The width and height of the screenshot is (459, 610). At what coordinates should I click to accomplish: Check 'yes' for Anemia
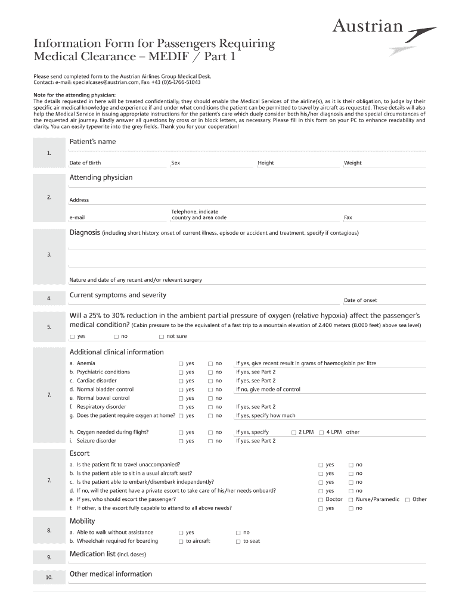click(x=181, y=363)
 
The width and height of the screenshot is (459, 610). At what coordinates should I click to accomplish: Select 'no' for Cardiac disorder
click(x=210, y=381)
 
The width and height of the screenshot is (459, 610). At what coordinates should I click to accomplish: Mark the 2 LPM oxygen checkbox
click(x=293, y=432)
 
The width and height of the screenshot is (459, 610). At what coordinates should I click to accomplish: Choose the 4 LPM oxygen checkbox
click(x=321, y=432)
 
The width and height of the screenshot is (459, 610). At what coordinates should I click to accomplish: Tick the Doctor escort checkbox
click(x=321, y=500)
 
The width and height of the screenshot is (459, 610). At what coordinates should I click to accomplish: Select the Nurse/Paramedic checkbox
click(x=351, y=500)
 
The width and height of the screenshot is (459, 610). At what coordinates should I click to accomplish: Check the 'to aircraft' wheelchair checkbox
click(x=181, y=541)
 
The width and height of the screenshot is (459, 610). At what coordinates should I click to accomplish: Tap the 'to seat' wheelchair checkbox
click(x=238, y=541)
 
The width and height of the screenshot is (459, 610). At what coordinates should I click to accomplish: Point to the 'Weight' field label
click(x=352, y=163)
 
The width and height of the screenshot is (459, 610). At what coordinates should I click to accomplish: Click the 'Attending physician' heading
click(x=101, y=178)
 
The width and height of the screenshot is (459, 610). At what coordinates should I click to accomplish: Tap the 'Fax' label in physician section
click(x=348, y=218)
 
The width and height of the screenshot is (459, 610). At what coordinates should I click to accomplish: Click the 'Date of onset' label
click(x=360, y=300)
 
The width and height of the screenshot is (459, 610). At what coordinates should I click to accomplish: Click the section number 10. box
click(x=49, y=577)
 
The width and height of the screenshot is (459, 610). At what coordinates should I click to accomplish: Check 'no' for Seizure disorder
click(x=210, y=441)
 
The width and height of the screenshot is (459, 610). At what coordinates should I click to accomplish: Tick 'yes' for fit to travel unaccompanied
click(x=321, y=465)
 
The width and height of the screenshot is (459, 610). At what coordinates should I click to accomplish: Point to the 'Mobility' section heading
click(x=82, y=521)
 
